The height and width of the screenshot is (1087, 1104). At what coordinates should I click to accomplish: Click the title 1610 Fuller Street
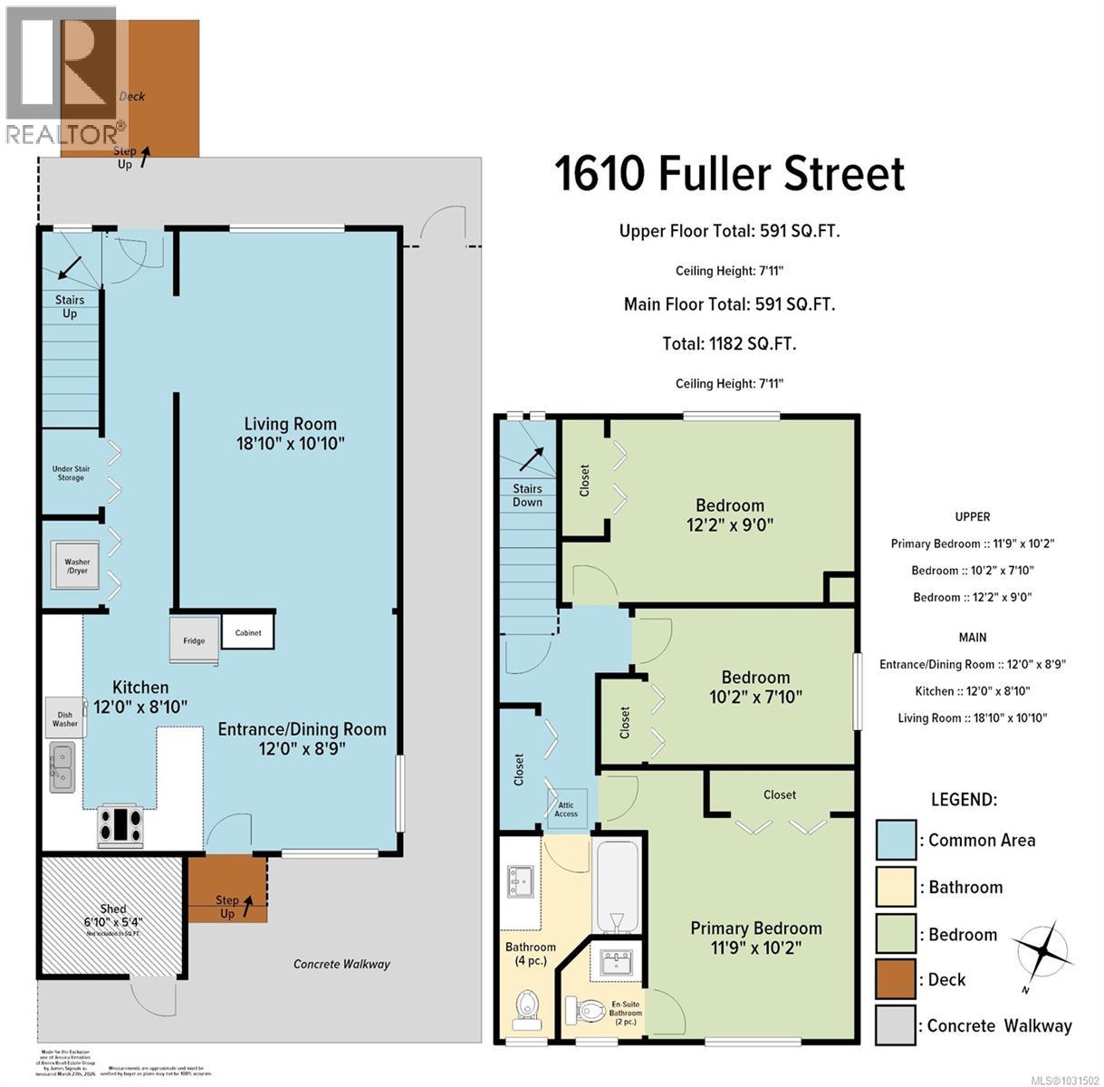(729, 174)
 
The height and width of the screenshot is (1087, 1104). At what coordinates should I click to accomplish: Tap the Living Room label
(290, 433)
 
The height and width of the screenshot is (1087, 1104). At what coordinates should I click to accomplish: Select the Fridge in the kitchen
(194, 640)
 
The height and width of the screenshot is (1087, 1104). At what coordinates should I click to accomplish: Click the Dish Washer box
(65, 717)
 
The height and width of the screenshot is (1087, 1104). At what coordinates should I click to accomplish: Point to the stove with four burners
(120, 825)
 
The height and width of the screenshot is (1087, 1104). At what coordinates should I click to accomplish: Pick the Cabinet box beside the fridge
(247, 632)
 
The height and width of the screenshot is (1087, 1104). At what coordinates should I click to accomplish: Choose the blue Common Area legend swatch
(896, 840)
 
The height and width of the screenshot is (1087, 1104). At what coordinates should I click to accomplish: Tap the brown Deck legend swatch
(896, 980)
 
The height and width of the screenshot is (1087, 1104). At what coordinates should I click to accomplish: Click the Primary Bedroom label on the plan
(756, 938)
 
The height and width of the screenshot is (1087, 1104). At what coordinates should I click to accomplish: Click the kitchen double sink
(62, 765)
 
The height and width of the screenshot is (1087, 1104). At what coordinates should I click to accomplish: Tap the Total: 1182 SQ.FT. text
(729, 343)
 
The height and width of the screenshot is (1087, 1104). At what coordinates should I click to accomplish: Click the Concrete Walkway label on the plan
(341, 964)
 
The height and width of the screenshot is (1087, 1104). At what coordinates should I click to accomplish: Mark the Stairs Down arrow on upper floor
(530, 459)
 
